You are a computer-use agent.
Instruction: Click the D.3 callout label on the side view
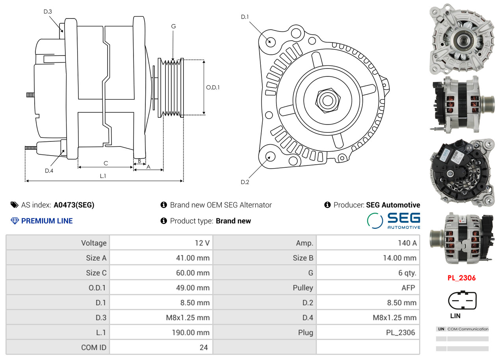48,11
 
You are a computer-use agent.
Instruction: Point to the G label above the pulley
174,26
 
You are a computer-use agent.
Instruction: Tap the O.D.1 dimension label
213,87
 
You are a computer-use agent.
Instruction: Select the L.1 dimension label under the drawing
103,176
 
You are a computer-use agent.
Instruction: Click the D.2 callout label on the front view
245,182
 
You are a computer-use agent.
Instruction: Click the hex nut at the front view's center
328,100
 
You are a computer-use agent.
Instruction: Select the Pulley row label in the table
303,288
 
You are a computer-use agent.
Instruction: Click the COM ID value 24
204,347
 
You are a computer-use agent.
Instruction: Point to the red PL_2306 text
462,278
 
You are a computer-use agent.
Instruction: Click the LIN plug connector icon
462,300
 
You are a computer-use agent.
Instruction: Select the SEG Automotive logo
393,221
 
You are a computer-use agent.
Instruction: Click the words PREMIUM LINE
47,221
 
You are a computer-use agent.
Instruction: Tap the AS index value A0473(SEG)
74,205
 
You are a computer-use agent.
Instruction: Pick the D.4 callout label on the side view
49,171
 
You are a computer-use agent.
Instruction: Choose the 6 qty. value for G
407,273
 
